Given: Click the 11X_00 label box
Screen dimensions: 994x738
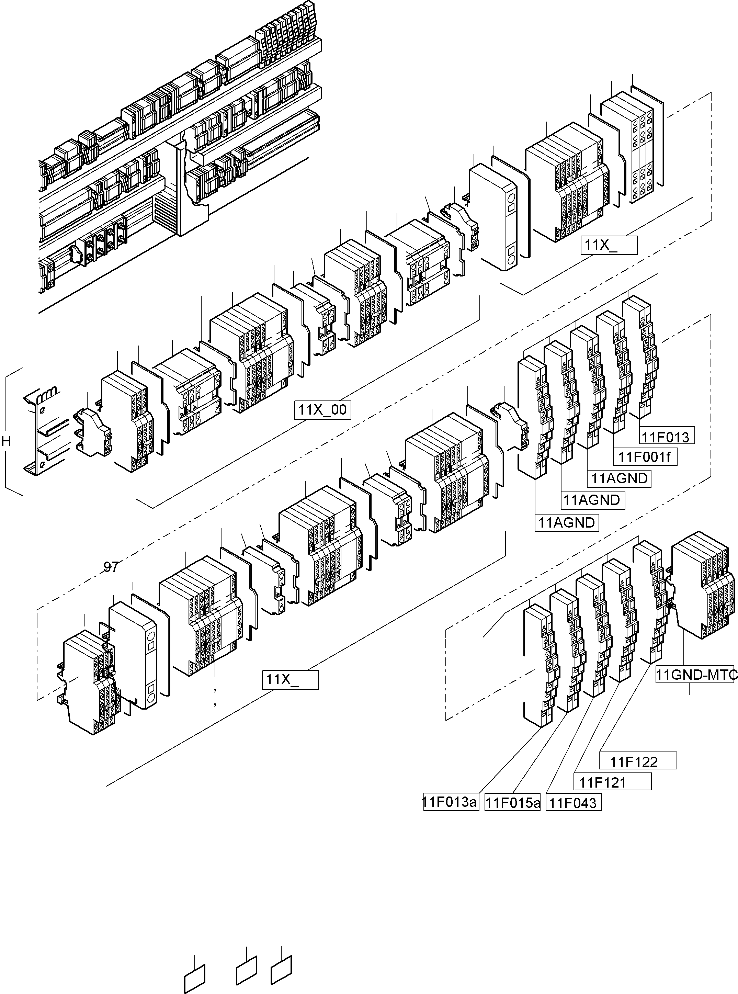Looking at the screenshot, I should [x=322, y=410].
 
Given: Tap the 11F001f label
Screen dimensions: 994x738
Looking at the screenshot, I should [x=647, y=457].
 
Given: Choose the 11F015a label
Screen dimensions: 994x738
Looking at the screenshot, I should [x=512, y=803].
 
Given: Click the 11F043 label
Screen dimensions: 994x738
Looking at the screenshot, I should [x=573, y=803].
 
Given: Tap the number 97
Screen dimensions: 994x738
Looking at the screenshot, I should [x=111, y=566].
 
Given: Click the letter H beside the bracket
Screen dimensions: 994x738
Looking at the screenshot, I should [x=6, y=441].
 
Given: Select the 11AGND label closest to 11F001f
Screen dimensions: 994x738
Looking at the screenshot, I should [x=620, y=478].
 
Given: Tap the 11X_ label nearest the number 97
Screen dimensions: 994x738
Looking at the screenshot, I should [x=290, y=679].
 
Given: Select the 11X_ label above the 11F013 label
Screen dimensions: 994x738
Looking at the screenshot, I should [x=609, y=245].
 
